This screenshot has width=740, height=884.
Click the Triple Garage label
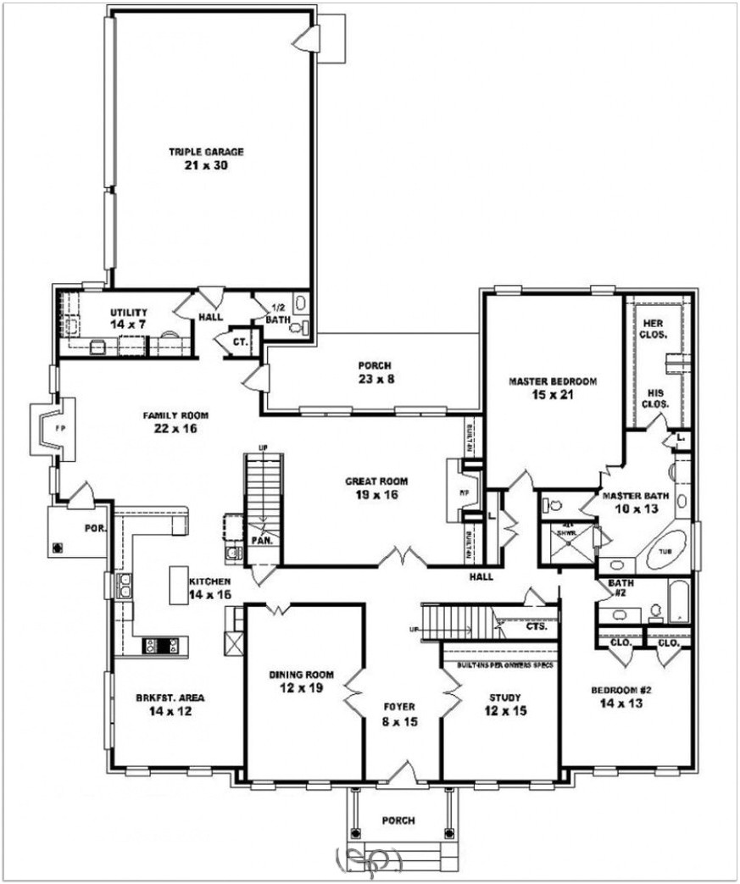(206, 152)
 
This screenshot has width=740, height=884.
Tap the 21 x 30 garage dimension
(206, 165)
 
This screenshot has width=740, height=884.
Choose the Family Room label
(175, 415)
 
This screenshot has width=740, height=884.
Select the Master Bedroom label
(553, 381)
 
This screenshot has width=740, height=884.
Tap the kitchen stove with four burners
(160, 646)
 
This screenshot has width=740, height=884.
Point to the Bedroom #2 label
(620, 691)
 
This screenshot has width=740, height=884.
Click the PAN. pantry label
(261, 540)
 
